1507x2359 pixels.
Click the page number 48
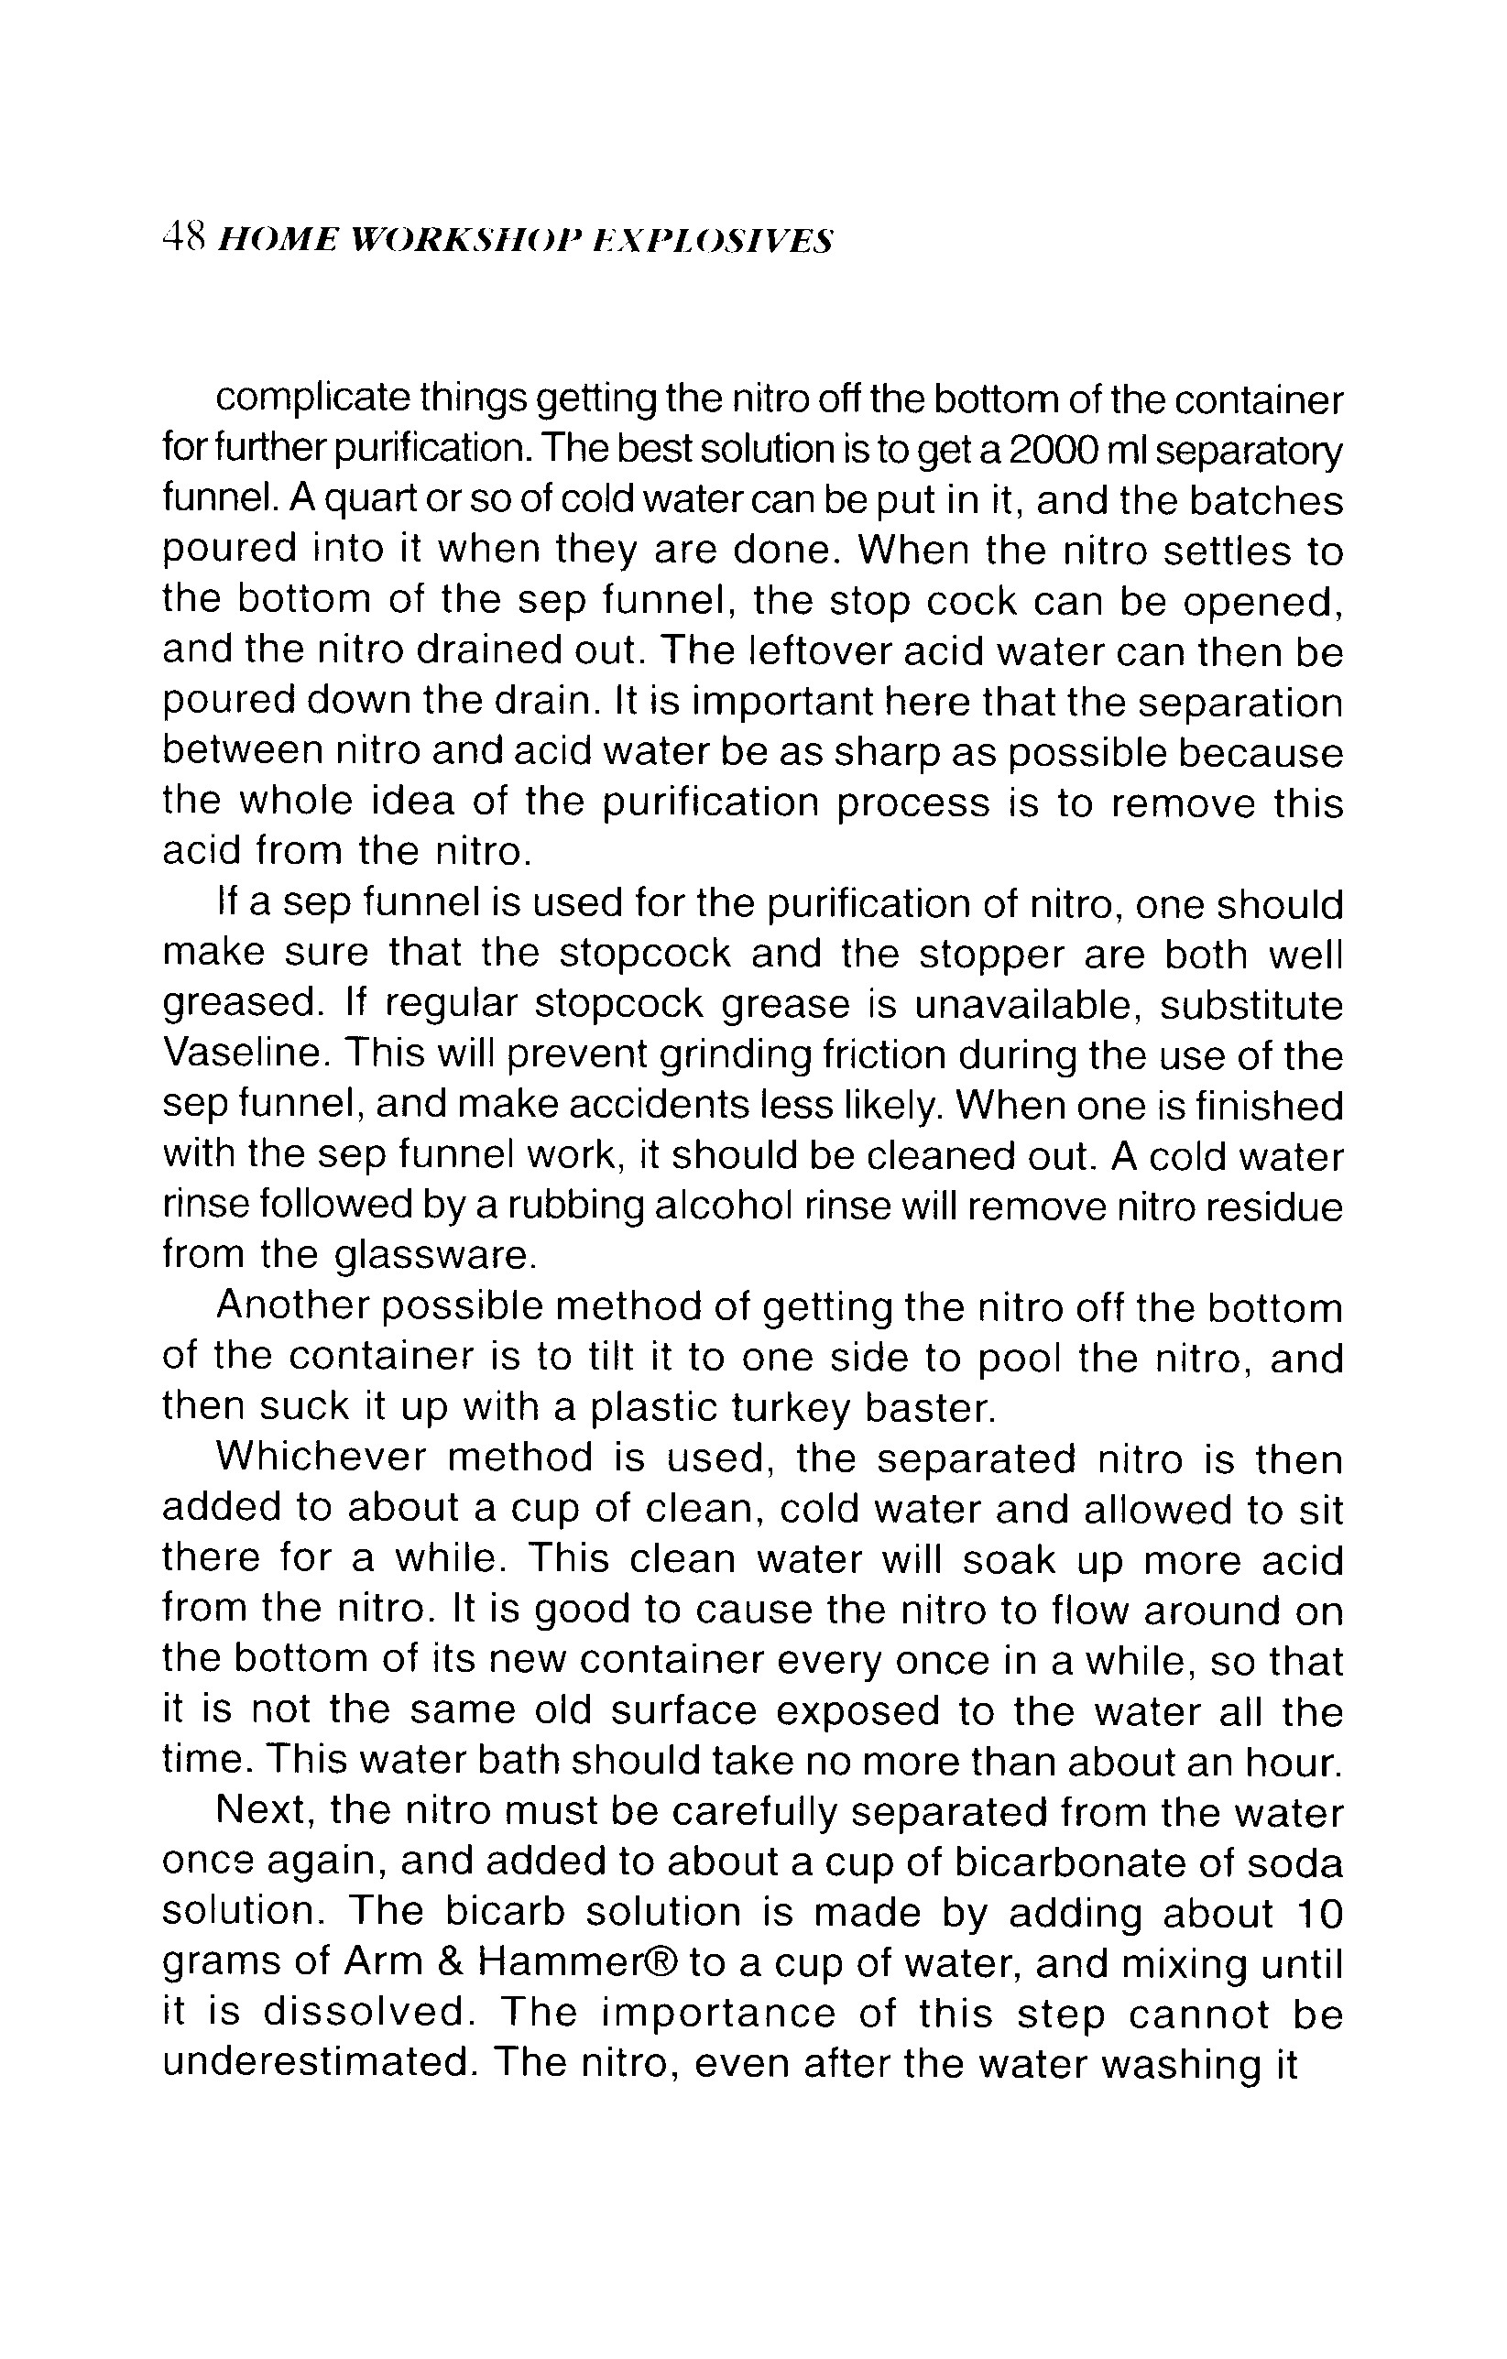182,239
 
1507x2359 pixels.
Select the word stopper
984,955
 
